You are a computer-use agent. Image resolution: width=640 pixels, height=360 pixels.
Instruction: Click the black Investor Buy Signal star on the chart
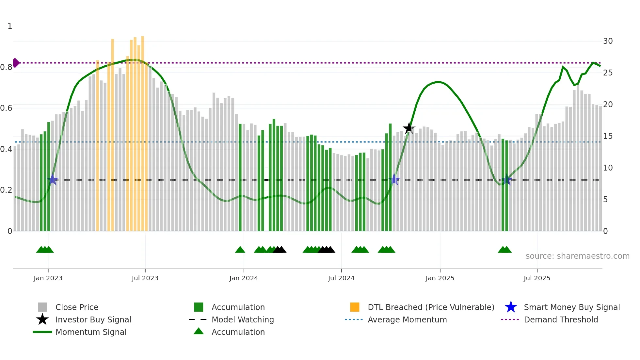[x=408, y=128]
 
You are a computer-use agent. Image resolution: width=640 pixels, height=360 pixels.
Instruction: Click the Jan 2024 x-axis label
[x=244, y=278]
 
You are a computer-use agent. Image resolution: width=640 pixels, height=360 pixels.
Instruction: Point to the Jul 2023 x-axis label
[x=145, y=278]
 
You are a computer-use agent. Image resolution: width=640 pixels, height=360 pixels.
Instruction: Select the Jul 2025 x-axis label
[x=537, y=278]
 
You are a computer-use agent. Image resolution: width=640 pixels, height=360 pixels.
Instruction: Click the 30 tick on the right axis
[x=608, y=41]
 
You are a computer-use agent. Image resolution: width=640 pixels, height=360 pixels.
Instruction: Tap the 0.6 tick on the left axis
[x=7, y=108]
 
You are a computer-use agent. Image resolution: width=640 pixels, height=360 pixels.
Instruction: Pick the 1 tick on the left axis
[x=10, y=26]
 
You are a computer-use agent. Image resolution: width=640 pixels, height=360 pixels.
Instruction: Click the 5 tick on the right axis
[x=605, y=199]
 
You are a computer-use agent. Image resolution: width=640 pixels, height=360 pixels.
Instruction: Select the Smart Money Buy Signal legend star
[x=511, y=307]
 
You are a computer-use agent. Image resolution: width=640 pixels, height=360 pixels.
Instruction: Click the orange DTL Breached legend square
[x=355, y=307]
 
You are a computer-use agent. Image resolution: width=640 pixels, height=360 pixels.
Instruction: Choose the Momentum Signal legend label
[x=91, y=332]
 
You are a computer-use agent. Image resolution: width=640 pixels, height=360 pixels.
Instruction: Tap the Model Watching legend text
[x=243, y=319]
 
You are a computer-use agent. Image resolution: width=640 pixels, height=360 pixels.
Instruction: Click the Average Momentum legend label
[x=407, y=319]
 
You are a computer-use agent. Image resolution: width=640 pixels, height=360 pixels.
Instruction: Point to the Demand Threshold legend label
[x=561, y=319]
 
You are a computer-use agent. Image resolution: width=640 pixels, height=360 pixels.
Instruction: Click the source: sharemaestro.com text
[x=577, y=256]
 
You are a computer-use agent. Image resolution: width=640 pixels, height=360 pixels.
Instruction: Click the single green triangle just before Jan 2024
[x=240, y=250]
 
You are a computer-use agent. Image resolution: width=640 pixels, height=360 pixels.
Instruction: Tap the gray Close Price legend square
[x=42, y=307]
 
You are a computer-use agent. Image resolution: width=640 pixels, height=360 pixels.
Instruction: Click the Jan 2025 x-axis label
[x=440, y=278]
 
